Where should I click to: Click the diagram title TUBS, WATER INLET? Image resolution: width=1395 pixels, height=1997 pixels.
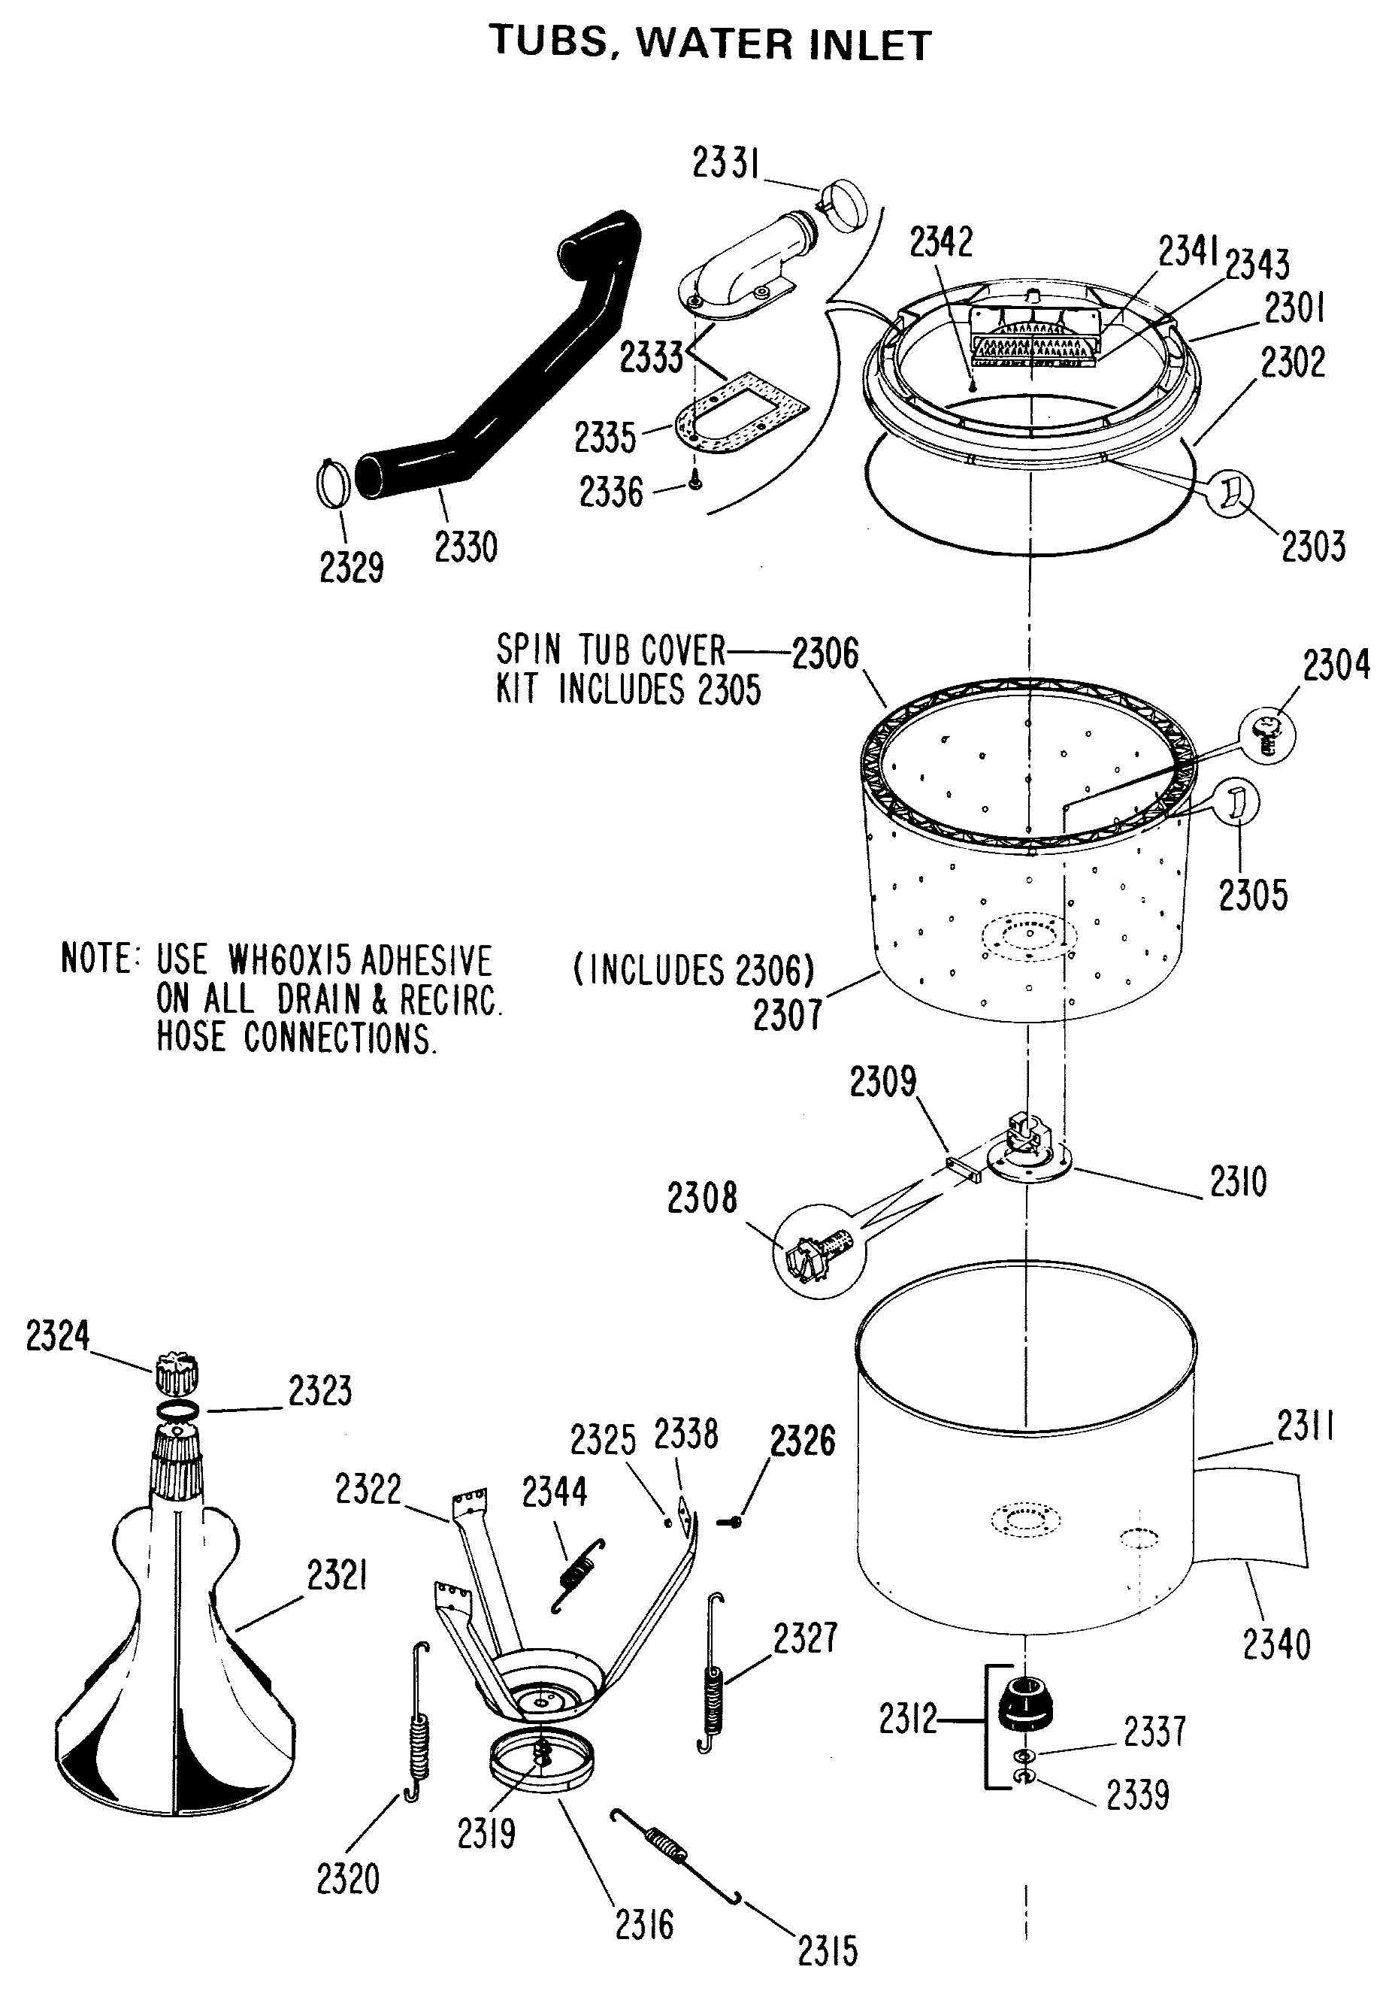click(710, 44)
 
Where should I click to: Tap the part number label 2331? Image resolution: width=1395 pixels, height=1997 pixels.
click(725, 162)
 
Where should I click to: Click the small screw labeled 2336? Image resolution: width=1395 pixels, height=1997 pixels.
click(694, 480)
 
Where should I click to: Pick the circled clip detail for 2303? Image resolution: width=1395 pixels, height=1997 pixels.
click(1233, 493)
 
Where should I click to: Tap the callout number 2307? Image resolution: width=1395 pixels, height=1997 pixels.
click(787, 1015)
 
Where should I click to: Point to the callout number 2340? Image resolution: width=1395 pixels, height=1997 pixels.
click(1275, 1646)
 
